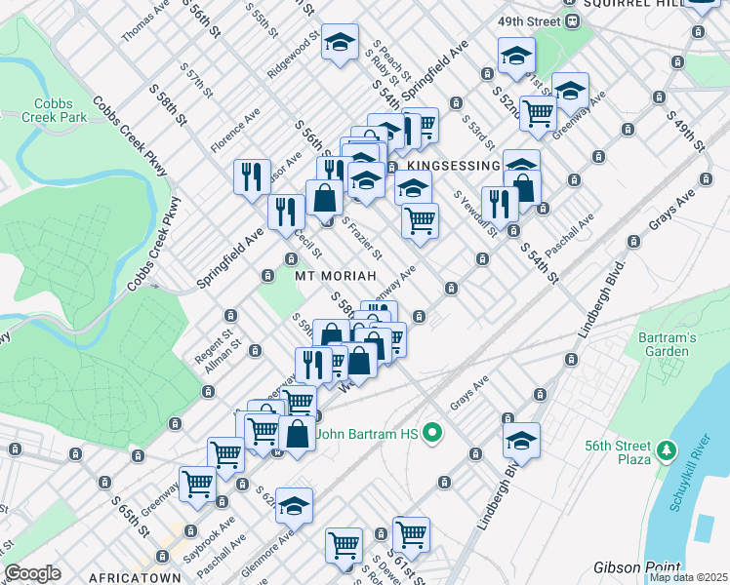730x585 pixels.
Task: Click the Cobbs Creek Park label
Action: click(61, 110)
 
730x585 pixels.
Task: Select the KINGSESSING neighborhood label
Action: click(453, 166)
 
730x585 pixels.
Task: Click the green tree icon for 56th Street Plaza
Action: click(667, 449)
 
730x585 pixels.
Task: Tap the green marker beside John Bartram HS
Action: click(435, 434)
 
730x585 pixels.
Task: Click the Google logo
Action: click(33, 573)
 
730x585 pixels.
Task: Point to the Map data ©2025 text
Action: click(688, 577)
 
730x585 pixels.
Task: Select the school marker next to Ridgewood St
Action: click(340, 42)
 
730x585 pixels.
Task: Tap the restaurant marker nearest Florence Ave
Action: click(252, 175)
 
